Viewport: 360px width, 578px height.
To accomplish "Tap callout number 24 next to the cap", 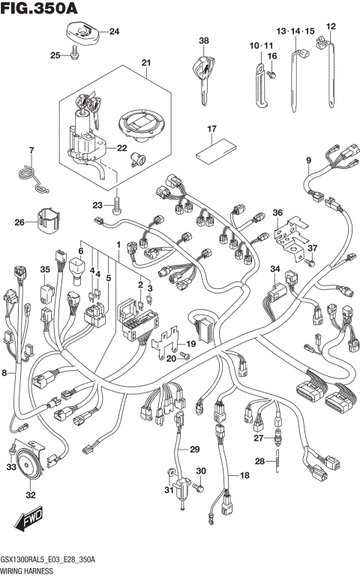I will tap(114, 32).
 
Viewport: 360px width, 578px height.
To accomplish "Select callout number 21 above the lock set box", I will tap(145, 62).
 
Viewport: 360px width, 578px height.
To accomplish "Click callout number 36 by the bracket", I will tap(278, 213).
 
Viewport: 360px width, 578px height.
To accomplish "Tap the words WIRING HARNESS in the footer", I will tap(28, 572).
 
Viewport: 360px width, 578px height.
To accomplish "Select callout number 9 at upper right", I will tap(308, 161).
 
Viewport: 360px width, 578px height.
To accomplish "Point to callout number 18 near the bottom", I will tap(244, 475).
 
